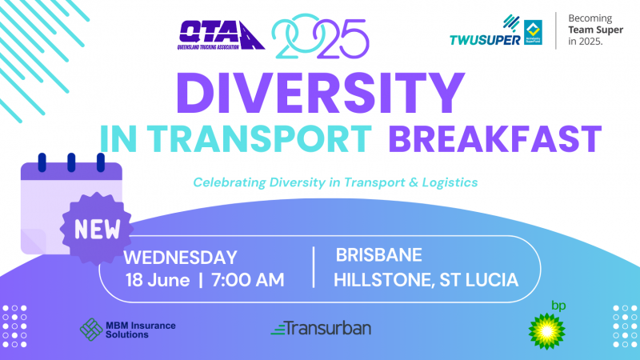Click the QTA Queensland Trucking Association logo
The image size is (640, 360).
tap(222, 35)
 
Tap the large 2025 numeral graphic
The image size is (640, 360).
tap(321, 36)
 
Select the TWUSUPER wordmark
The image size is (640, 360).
tap(485, 39)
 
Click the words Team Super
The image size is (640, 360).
tap(595, 30)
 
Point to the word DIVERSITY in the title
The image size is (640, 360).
tap(321, 93)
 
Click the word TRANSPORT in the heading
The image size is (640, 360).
tap(259, 139)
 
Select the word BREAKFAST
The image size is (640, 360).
tap(495, 139)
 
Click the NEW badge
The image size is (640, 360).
tap(97, 229)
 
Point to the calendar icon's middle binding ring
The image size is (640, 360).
tap(71, 162)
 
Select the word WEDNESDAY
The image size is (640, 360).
tap(180, 258)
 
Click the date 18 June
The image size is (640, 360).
tap(158, 281)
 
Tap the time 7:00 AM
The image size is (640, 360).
tap(248, 280)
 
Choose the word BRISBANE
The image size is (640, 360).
tap(378, 255)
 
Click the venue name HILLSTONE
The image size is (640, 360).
tap(382, 281)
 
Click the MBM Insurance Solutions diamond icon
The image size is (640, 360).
tap(91, 330)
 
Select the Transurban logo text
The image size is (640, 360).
tap(321, 328)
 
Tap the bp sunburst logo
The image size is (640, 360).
tap(547, 331)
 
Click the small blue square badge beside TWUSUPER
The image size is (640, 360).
tap(533, 32)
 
